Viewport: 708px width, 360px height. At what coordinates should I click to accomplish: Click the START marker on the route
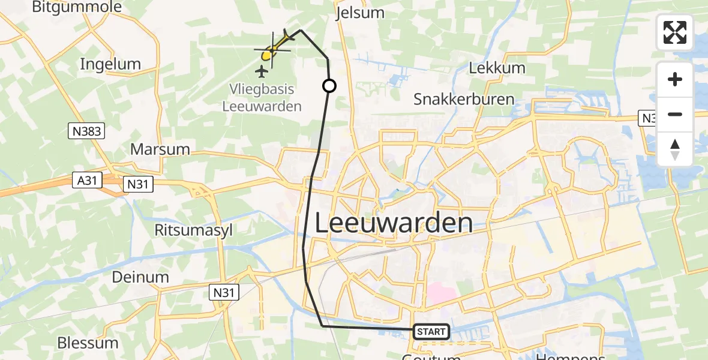(x=431, y=331)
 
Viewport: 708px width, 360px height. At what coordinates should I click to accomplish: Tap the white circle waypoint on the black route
(x=329, y=86)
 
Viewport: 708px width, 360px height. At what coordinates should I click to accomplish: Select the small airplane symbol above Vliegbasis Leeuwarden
(x=262, y=72)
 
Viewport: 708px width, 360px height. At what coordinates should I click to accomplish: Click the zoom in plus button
(x=675, y=79)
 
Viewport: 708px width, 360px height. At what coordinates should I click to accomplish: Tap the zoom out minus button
(x=675, y=114)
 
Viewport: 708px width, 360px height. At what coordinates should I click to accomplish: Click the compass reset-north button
(x=675, y=149)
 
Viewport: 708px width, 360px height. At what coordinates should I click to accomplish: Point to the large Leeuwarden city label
(x=393, y=223)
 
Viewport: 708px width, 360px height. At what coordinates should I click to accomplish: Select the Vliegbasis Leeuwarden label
(x=262, y=97)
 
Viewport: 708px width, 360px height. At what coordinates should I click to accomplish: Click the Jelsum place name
(x=361, y=13)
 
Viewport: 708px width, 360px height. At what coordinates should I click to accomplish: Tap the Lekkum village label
(x=497, y=68)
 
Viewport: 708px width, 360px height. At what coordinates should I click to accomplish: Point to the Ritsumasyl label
(x=193, y=229)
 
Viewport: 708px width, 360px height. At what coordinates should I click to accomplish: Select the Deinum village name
(x=140, y=277)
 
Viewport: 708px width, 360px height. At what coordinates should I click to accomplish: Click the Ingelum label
(x=110, y=64)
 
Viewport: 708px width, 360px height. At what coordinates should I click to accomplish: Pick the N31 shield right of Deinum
(x=224, y=292)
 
